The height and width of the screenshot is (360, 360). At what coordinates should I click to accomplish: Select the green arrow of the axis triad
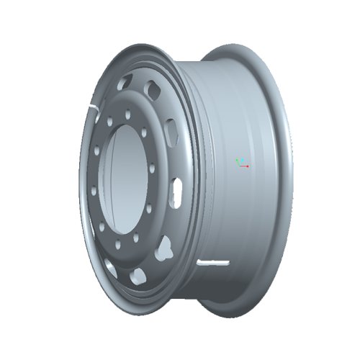coord(238,162)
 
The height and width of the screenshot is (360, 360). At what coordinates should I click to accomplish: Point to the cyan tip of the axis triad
coord(242,159)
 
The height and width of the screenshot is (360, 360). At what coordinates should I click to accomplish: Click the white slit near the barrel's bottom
coord(212,261)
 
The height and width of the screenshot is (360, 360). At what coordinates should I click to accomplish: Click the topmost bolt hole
coord(127,113)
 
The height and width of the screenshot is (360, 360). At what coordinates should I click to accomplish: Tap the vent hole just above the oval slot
coord(171,132)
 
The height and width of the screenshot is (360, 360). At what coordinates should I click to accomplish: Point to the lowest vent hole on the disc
coord(137,274)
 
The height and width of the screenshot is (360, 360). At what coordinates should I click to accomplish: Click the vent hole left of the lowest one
coord(111,269)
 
